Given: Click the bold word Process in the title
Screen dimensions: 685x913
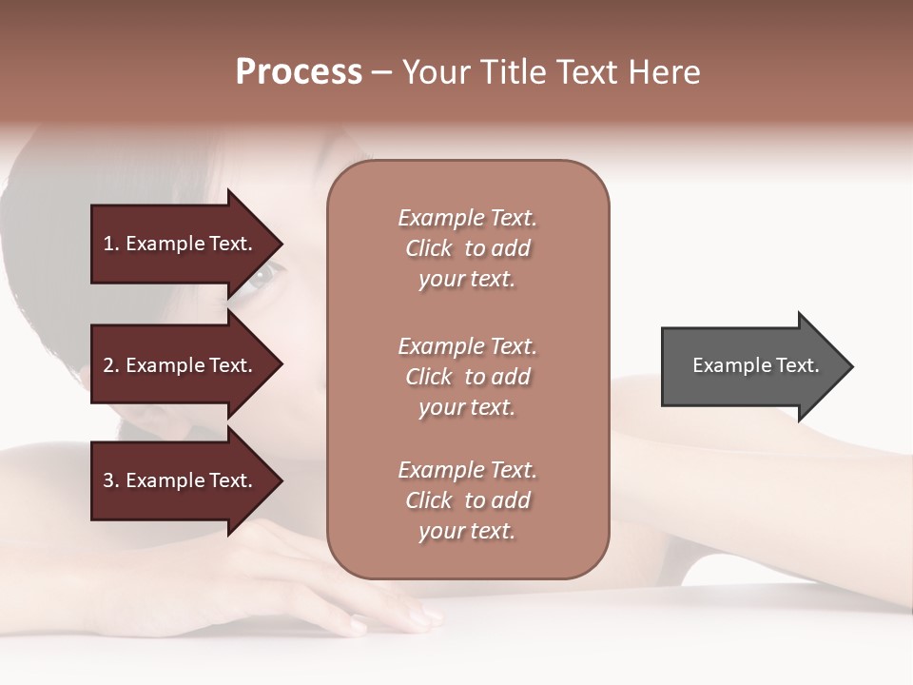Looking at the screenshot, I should click(x=299, y=72).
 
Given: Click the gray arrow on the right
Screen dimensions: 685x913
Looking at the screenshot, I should click(x=751, y=365).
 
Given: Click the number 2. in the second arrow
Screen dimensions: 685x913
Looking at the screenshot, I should click(x=111, y=365).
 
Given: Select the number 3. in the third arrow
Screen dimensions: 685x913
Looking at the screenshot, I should click(x=111, y=480).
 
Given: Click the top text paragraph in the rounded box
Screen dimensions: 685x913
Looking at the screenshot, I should click(x=467, y=248).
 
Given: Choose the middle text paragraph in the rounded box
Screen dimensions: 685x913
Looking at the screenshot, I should click(x=467, y=377).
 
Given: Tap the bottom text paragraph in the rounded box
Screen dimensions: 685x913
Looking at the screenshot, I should click(x=467, y=500).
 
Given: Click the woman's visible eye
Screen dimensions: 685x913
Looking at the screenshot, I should click(x=262, y=275).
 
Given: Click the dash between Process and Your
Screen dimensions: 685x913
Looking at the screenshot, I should click(x=381, y=72).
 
